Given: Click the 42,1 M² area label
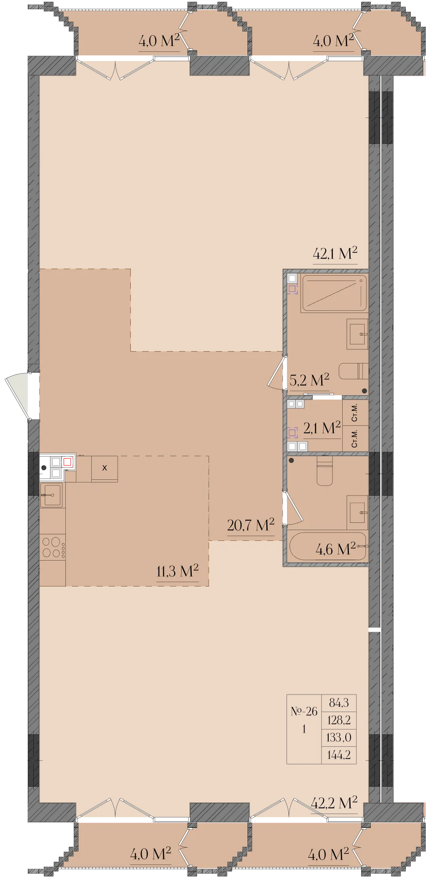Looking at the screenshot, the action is pyautogui.click(x=335, y=254).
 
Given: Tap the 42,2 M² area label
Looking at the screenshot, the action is pyautogui.click(x=334, y=803).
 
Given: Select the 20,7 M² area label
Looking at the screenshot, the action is pyautogui.click(x=251, y=525).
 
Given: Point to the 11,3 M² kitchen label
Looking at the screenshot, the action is pyautogui.click(x=177, y=571).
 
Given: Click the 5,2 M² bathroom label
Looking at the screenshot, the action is pyautogui.click(x=309, y=380).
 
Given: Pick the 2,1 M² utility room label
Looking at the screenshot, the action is pyautogui.click(x=322, y=428).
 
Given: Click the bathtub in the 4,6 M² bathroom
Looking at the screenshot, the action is pyautogui.click(x=327, y=546).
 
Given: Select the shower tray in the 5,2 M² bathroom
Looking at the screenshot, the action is pyautogui.click(x=334, y=293).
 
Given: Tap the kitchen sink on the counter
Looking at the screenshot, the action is pyautogui.click(x=52, y=495).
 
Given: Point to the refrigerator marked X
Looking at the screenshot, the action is pyautogui.click(x=104, y=468).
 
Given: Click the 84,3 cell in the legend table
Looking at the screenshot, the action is pyautogui.click(x=339, y=703).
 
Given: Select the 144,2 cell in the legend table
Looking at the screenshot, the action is pyautogui.click(x=339, y=755).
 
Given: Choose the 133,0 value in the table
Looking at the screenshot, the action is pyautogui.click(x=339, y=738).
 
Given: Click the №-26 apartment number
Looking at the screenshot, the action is pyautogui.click(x=304, y=712).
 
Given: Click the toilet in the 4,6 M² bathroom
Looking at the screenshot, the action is pyautogui.click(x=325, y=471).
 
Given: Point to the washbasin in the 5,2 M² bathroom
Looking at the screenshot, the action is pyautogui.click(x=357, y=334).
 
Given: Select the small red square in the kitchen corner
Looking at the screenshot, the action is pyautogui.click(x=67, y=462).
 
